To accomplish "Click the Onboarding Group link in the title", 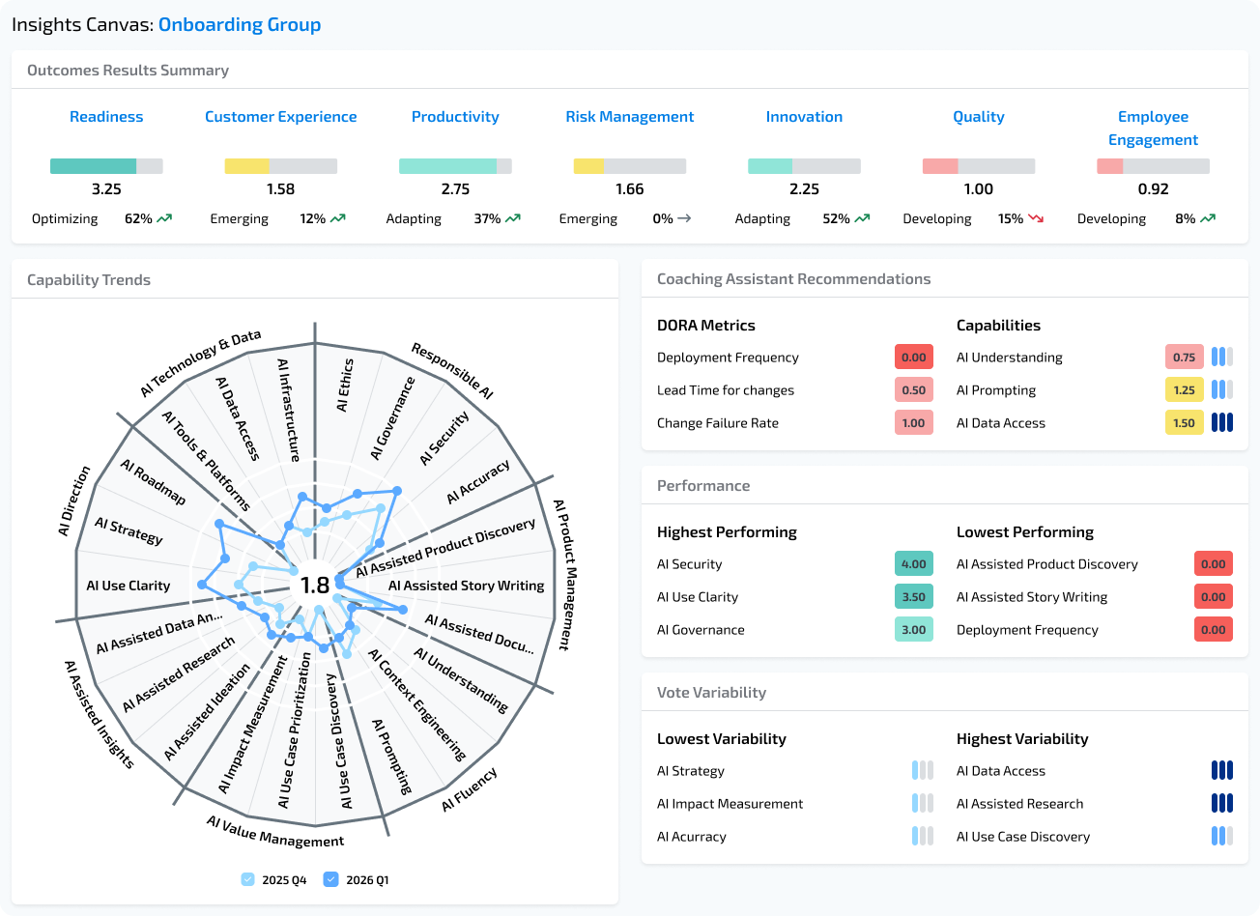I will point(239,25).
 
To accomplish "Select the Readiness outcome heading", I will point(106,117).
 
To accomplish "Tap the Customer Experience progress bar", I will point(280,166).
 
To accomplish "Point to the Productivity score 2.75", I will point(455,189).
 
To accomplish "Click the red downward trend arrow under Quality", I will point(1036,219).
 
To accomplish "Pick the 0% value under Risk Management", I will point(662,219).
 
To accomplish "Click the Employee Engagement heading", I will point(1153,129).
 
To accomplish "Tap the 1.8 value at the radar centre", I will point(315,586).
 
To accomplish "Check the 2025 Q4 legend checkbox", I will point(248,880).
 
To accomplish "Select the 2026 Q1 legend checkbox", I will point(331,880).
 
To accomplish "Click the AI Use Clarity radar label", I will point(128,586).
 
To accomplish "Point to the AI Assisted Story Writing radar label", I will point(466,586).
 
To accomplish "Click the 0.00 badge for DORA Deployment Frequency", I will point(913,358).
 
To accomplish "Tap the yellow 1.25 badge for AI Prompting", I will point(1184,390).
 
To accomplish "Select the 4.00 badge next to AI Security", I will point(913,564).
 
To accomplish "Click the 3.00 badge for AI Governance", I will point(913,630).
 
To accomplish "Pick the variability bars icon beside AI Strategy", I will point(923,771).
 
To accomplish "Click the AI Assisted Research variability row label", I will point(1019,804).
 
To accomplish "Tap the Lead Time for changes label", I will point(725,390).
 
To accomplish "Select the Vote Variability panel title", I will point(711,693).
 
